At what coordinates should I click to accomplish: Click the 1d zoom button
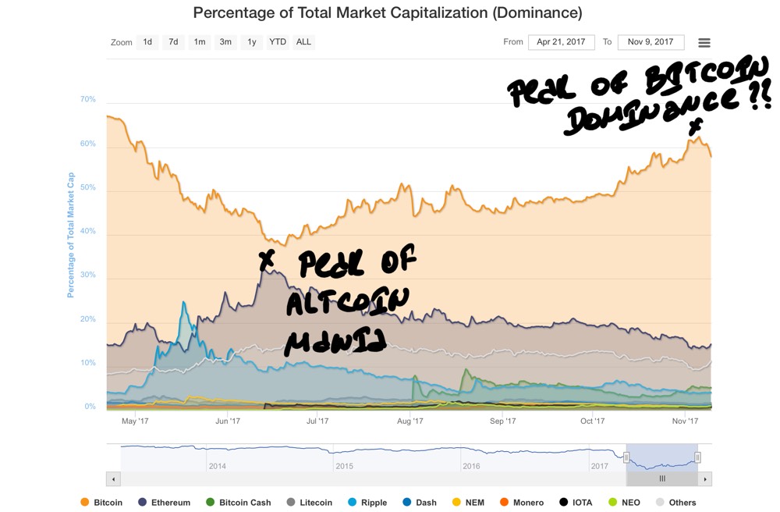coord(147,42)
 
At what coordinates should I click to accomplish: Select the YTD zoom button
coord(277,42)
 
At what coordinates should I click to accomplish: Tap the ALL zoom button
coord(303,42)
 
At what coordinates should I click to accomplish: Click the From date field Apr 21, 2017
coord(562,42)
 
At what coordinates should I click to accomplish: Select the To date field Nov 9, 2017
coord(651,42)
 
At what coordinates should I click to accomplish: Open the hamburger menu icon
coord(704,43)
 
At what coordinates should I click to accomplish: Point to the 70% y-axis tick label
coord(87,100)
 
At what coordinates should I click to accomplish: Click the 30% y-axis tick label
coord(87,276)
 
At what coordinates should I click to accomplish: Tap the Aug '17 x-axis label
coord(409,421)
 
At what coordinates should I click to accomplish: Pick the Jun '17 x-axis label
coord(227,421)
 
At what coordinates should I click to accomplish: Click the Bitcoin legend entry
coord(101,503)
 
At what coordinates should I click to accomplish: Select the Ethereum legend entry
coord(164,503)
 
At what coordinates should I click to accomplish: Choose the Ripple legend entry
coord(367,503)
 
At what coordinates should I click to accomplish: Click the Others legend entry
coord(675,503)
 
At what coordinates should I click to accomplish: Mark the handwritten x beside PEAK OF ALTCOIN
coord(267,261)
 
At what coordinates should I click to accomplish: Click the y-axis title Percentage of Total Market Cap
coord(70,235)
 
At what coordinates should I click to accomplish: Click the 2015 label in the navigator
coord(345,466)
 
